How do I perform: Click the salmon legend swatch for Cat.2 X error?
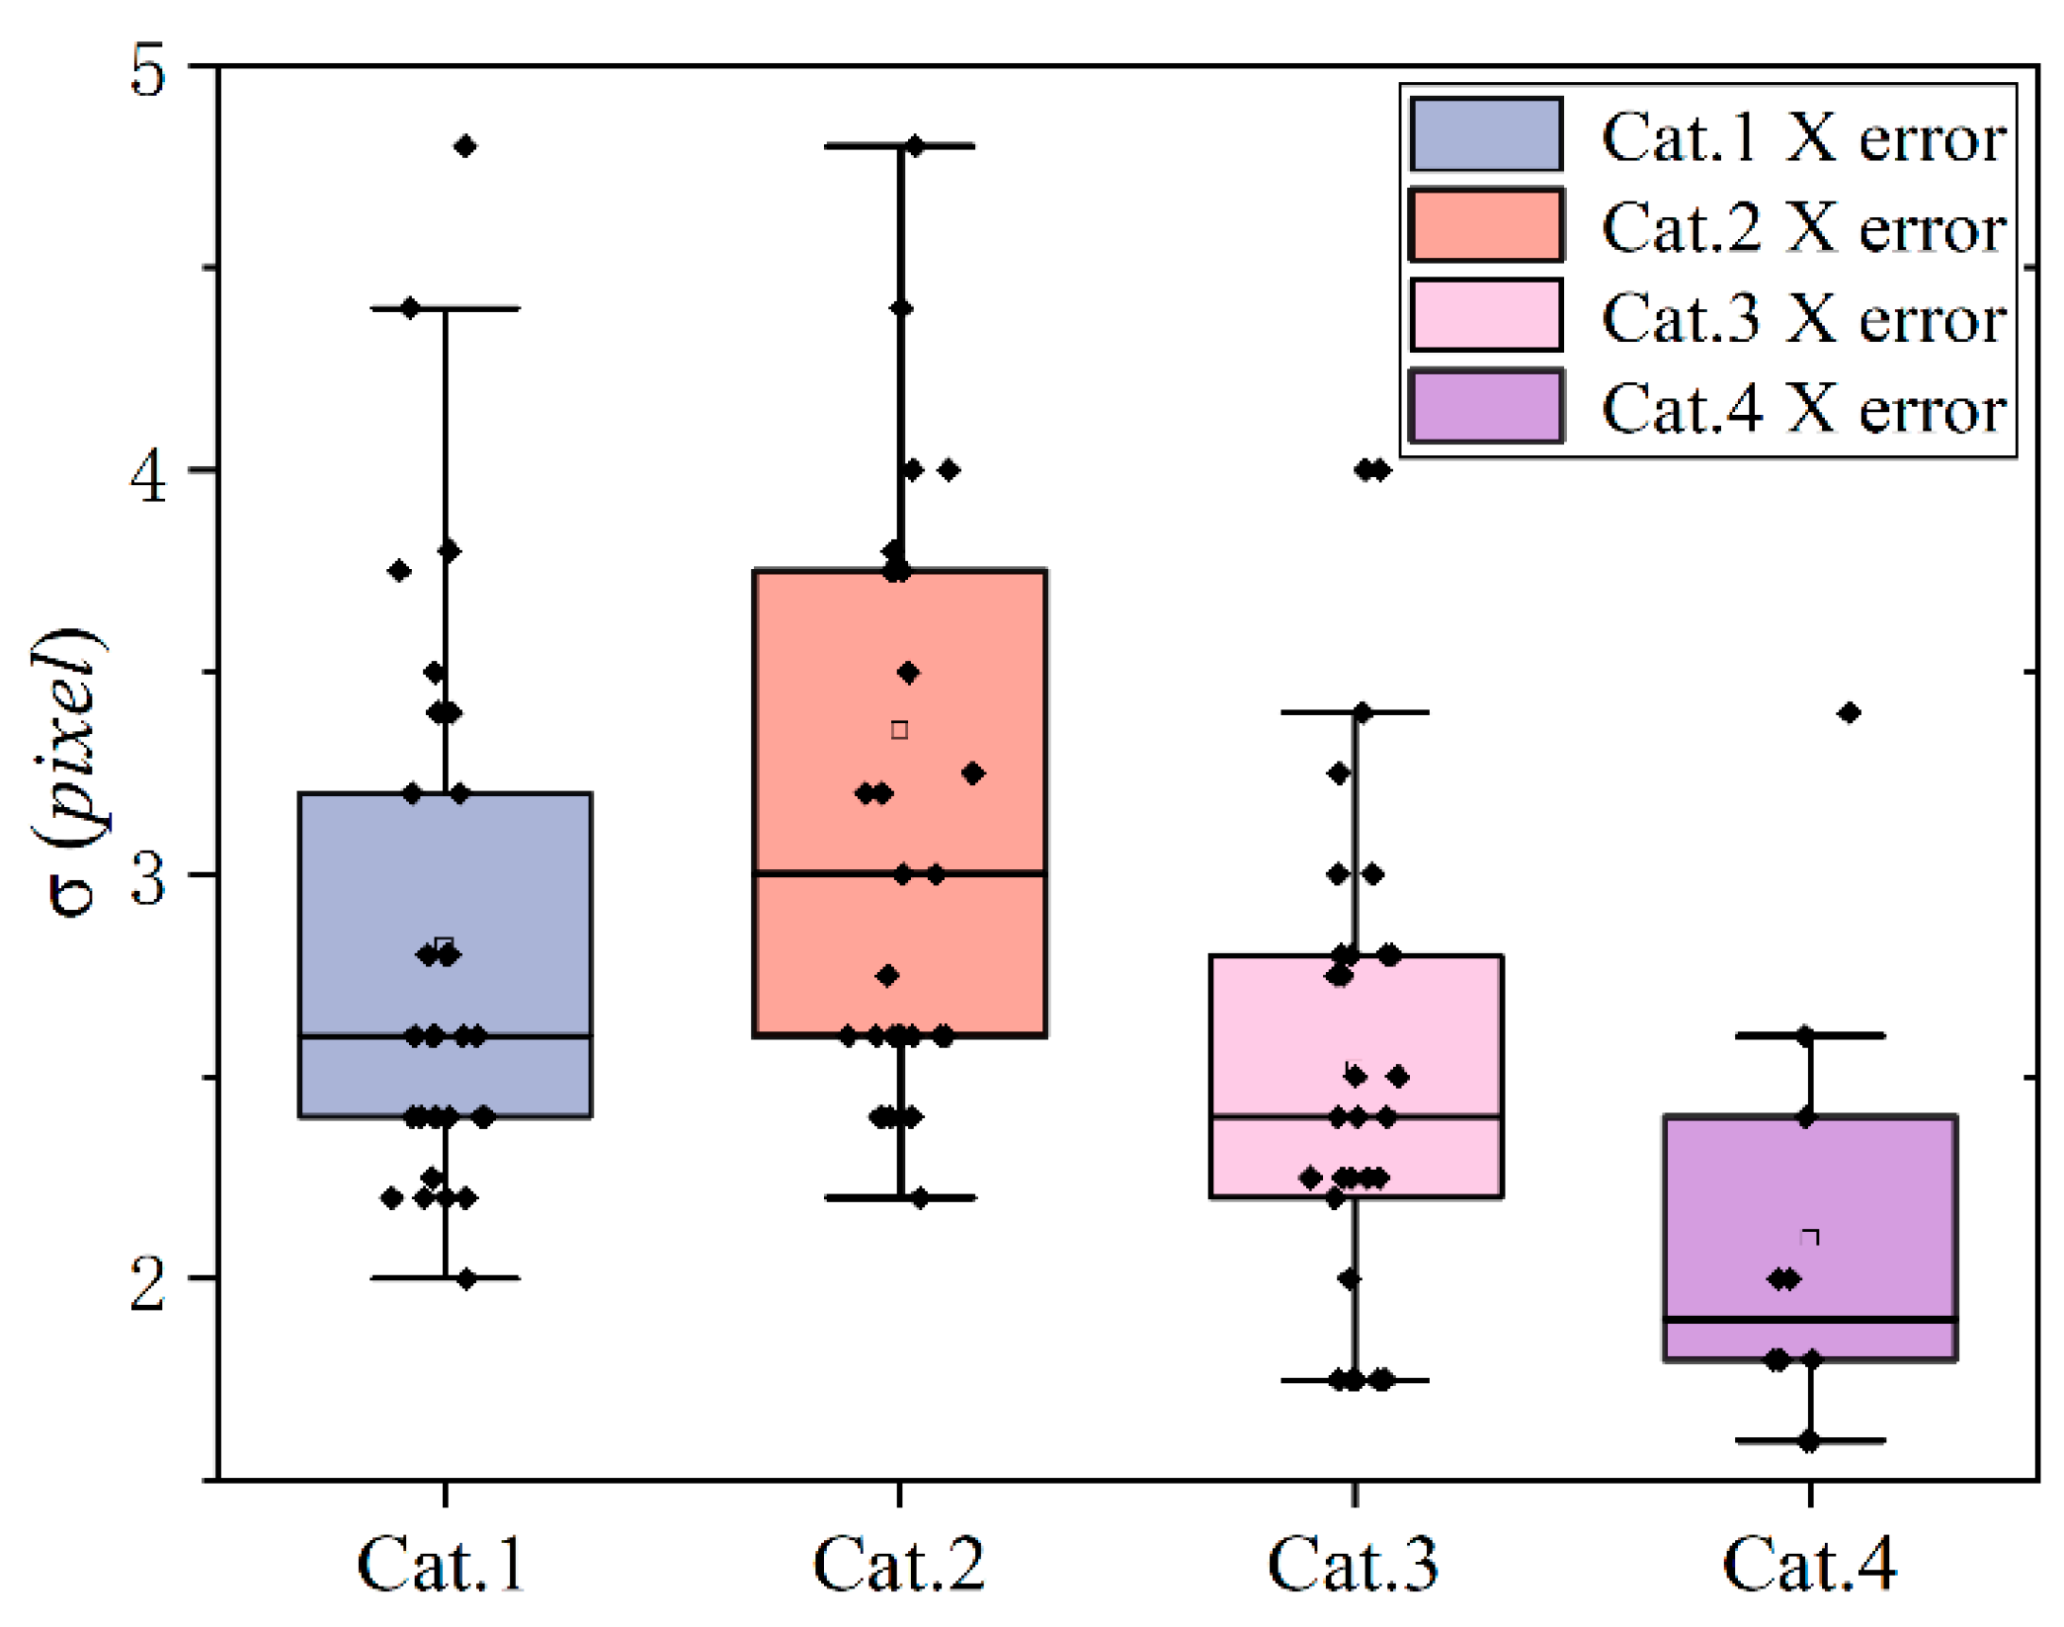point(1485,225)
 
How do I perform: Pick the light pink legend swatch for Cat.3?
point(1485,316)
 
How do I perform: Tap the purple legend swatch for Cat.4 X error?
point(1485,407)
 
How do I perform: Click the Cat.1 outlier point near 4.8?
point(465,147)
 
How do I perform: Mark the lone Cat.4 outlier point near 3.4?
point(1849,713)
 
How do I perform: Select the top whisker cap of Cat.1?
point(446,309)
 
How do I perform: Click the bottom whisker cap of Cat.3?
point(1355,1380)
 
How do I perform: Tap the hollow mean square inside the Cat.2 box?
point(899,730)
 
